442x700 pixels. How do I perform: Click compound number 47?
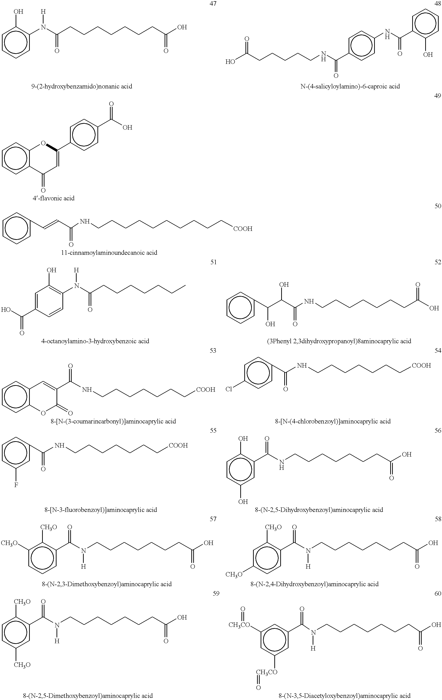(213, 4)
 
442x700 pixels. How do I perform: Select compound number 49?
(437, 96)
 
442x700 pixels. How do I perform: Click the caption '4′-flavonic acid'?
(53, 198)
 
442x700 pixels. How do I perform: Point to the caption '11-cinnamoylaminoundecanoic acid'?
(109, 253)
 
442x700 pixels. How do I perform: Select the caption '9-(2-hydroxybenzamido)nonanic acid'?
(82, 86)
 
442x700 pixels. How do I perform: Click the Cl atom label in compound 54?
(229, 389)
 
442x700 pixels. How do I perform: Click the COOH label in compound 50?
(243, 229)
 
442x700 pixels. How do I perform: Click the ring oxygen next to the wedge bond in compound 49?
(43, 143)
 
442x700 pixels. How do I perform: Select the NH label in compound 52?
(309, 301)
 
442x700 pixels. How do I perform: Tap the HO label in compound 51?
(6, 310)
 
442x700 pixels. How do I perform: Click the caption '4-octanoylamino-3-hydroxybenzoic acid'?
(95, 341)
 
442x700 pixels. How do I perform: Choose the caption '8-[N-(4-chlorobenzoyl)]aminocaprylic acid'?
(333, 421)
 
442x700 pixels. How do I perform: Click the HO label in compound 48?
(230, 62)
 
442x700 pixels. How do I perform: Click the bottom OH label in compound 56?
(243, 502)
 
